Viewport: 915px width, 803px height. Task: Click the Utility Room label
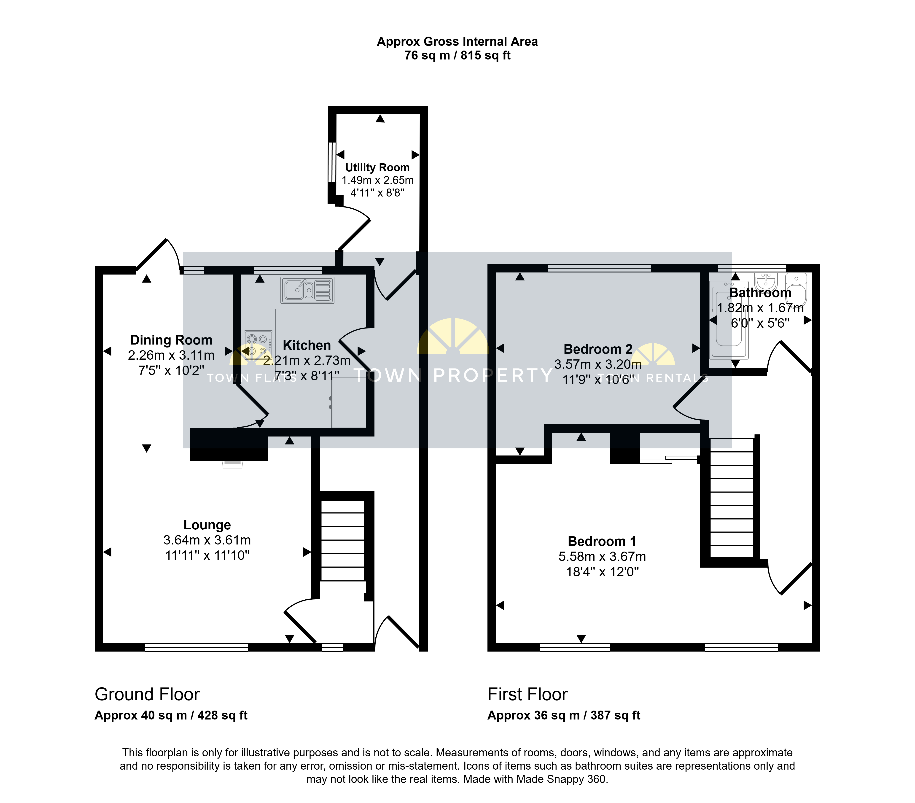377,167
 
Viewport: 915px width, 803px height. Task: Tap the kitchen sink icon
307,290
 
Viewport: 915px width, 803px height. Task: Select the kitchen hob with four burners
258,345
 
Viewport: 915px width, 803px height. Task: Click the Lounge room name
207,525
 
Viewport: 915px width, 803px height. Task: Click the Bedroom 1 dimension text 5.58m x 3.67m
602,556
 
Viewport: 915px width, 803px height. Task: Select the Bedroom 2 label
598,349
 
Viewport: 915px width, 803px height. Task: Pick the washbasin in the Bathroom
766,282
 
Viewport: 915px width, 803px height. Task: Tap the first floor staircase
732,498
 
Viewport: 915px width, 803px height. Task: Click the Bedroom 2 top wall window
599,268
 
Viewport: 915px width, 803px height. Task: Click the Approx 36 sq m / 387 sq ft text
564,715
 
